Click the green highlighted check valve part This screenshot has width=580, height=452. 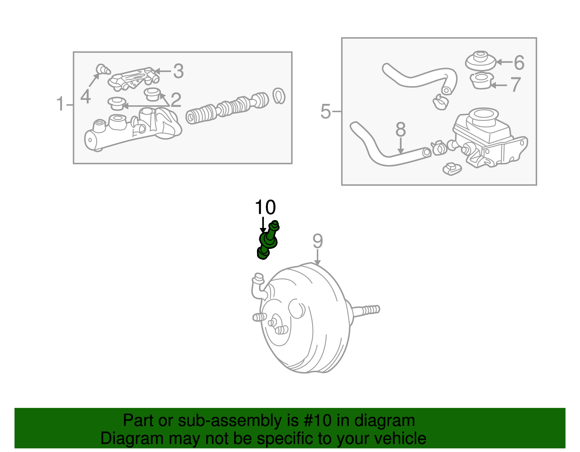tap(268, 241)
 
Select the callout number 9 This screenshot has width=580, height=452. tap(318, 241)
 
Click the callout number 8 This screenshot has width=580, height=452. tap(400, 130)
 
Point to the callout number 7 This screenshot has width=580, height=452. tap(515, 84)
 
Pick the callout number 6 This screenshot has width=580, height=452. tap(519, 63)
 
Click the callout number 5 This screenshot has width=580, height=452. tap(326, 111)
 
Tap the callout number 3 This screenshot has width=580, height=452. tap(178, 71)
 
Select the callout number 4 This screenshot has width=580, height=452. tap(86, 96)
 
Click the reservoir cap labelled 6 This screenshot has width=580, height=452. tap(480, 61)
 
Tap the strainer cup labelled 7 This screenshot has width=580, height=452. tap(481, 81)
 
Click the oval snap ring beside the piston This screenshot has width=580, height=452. tap(279, 96)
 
